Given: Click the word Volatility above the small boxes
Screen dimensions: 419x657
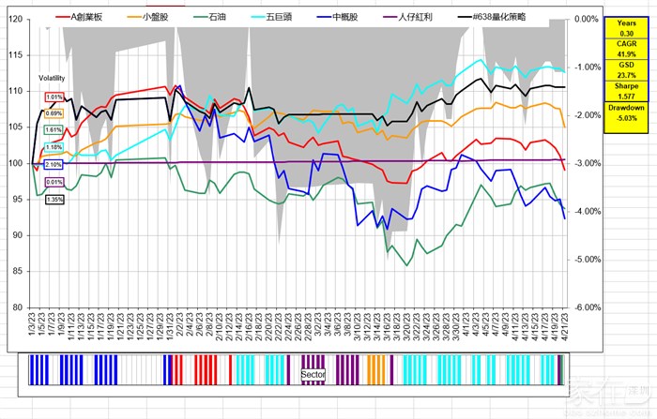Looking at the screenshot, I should pyautogui.click(x=53, y=79).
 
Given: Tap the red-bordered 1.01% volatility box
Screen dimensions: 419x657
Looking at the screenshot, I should pyautogui.click(x=54, y=97).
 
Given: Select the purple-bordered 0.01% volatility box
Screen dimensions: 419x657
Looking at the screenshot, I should pyautogui.click(x=53, y=183).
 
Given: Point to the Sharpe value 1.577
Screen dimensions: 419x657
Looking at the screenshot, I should pyautogui.click(x=626, y=95).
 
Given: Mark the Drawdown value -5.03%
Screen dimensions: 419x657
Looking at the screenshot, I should pyautogui.click(x=626, y=118).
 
